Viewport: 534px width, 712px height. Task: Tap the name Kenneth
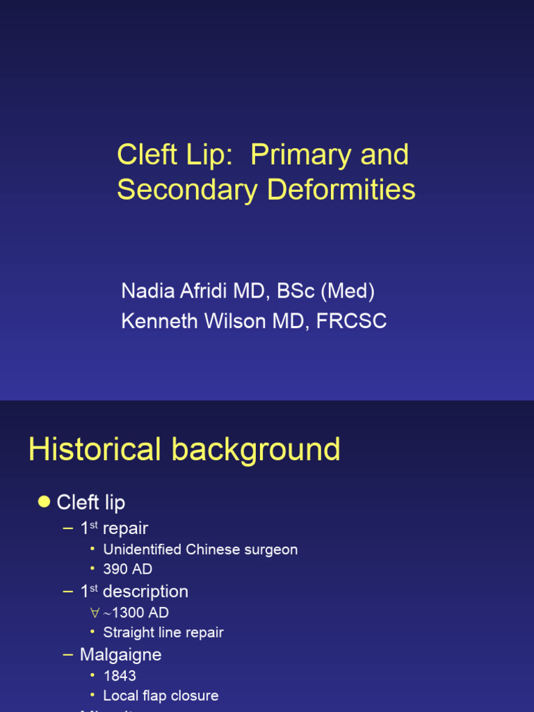(158, 321)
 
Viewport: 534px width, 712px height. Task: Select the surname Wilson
(233, 321)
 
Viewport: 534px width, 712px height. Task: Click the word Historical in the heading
(95, 450)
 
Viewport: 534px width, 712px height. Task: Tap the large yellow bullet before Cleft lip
(44, 502)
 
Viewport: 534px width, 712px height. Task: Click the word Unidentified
(143, 549)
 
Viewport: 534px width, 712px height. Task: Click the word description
(145, 592)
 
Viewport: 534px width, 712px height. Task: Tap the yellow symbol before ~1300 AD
(95, 613)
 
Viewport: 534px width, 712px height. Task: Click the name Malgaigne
(120, 655)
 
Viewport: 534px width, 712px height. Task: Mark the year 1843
(120, 676)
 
